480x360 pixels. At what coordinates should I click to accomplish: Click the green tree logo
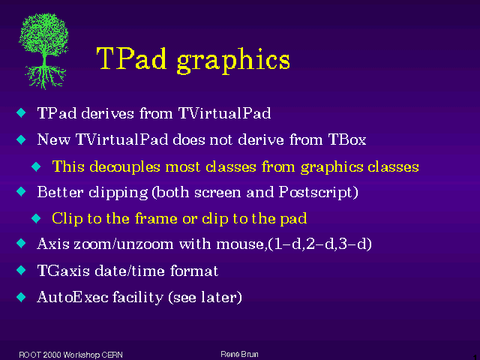[x=43, y=51]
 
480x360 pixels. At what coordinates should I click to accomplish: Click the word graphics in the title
[x=233, y=61]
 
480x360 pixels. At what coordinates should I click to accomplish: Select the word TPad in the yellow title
[x=132, y=58]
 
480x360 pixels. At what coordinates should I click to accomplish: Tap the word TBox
[x=347, y=139]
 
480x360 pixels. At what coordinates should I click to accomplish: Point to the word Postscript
[x=316, y=193]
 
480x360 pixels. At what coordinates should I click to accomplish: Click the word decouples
[x=124, y=167]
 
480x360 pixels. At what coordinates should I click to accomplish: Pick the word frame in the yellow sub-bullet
[x=156, y=218]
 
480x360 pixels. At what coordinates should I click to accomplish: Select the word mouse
[x=240, y=244]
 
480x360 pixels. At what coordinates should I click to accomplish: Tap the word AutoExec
[x=73, y=297]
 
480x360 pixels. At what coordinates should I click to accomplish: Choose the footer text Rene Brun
[x=239, y=354]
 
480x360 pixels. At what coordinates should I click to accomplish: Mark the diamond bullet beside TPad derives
[x=21, y=112]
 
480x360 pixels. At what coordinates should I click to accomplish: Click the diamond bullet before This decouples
[x=36, y=166]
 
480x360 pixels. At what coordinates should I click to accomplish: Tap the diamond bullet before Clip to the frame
[x=36, y=218]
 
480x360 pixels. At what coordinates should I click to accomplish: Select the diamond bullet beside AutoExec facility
[x=21, y=297]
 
